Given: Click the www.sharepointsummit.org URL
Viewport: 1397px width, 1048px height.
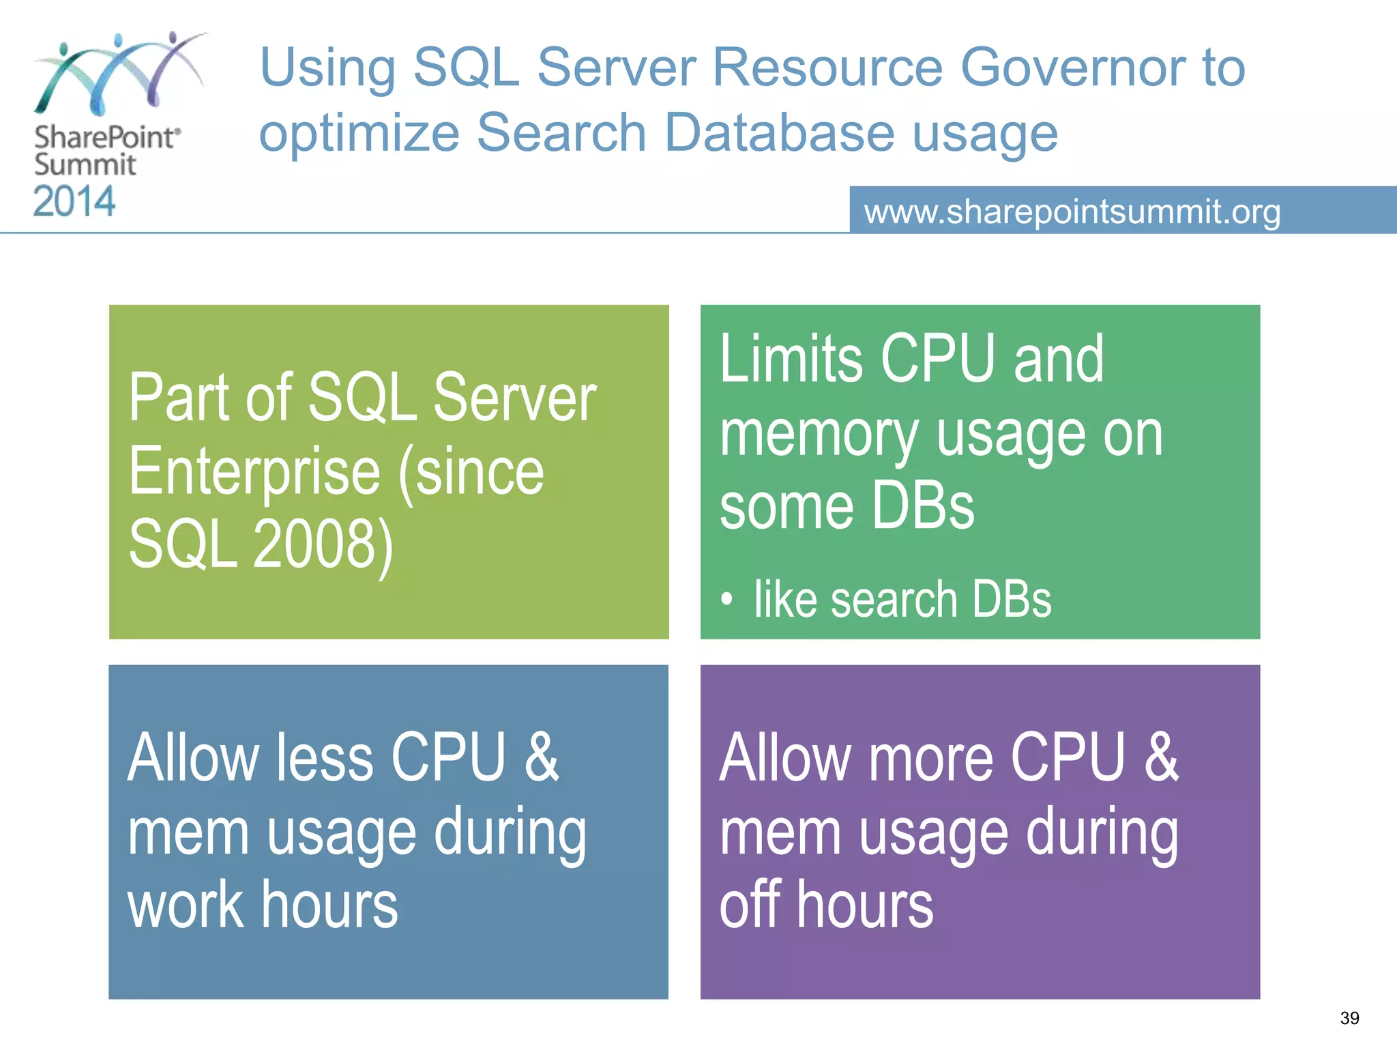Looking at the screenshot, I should pos(1072,212).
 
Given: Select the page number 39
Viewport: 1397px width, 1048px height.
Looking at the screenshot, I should pos(1349,1018).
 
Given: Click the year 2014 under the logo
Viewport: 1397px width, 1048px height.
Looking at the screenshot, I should pos(74,201).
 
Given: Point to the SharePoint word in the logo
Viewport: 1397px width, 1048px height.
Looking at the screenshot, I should pos(106,137).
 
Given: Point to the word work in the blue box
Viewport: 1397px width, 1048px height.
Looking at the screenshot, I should pos(186,905).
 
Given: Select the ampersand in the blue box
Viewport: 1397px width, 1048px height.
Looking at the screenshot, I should pos(542,757).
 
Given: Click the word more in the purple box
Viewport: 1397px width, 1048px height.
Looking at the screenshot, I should pos(930,757).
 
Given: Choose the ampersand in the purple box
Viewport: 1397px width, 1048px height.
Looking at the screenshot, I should pos(1162,757).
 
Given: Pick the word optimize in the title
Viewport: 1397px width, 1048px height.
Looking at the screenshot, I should pos(359,132).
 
